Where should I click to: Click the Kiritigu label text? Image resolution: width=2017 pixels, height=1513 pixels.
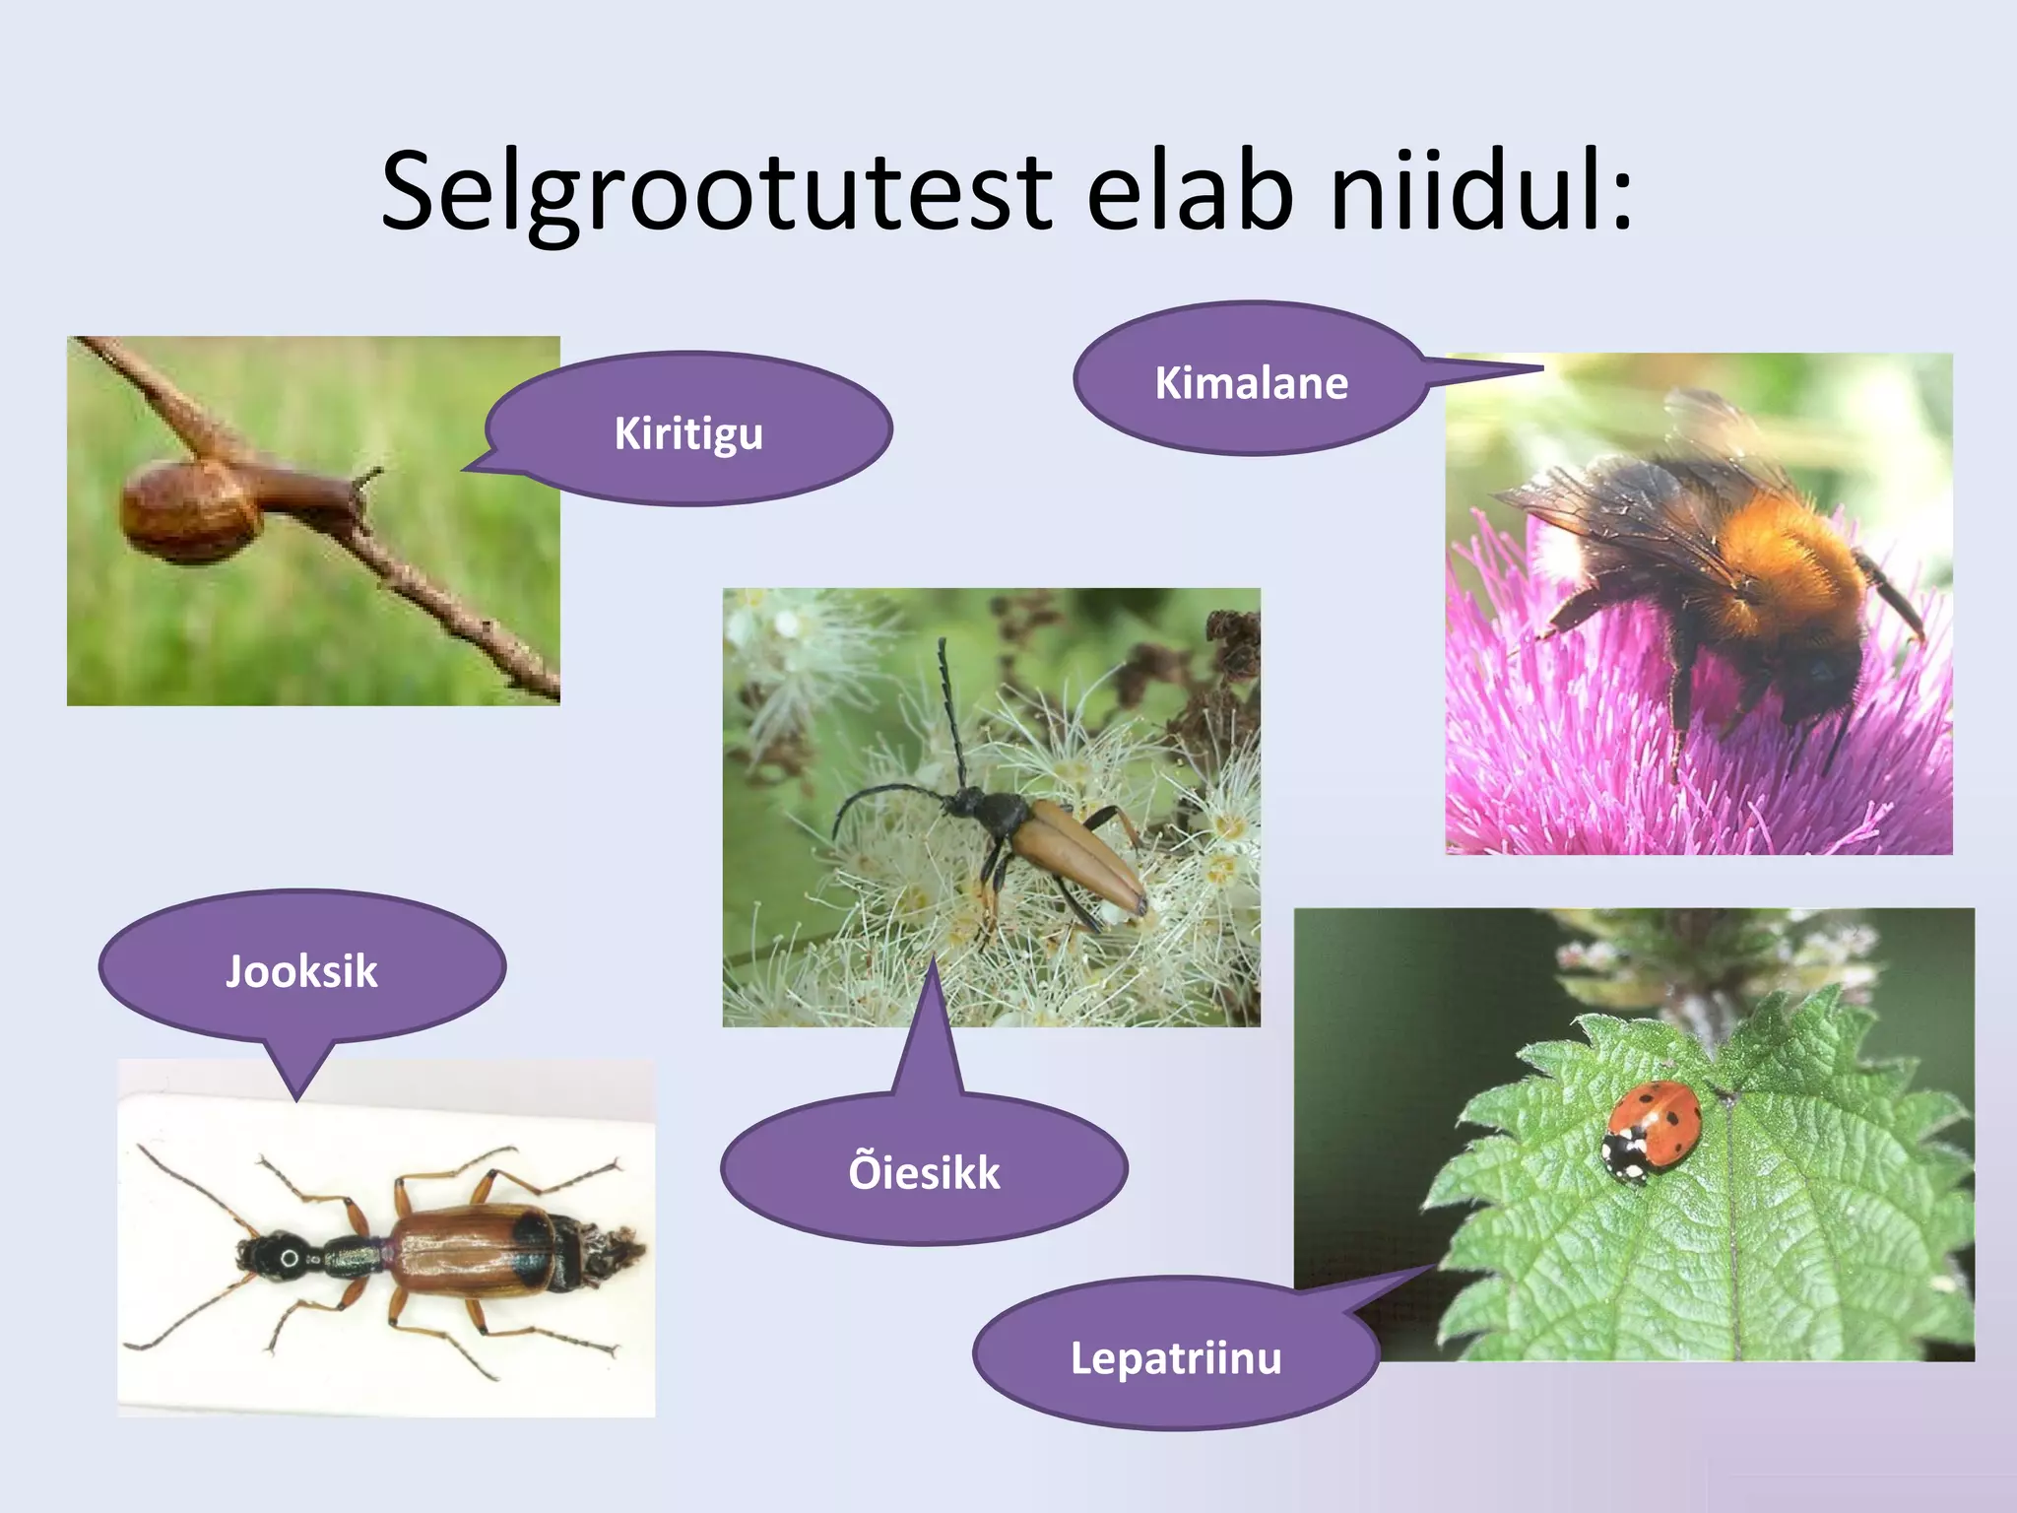click(x=688, y=434)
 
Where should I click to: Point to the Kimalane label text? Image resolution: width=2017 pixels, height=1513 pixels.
click(x=1251, y=383)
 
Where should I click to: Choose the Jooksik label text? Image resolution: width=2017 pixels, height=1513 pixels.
click(x=301, y=972)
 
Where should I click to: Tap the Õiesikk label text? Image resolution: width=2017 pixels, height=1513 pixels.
click(x=924, y=1173)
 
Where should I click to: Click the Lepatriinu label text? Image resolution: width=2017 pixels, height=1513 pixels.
click(x=1176, y=1358)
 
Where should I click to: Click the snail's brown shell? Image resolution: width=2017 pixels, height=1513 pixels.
click(x=189, y=512)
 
